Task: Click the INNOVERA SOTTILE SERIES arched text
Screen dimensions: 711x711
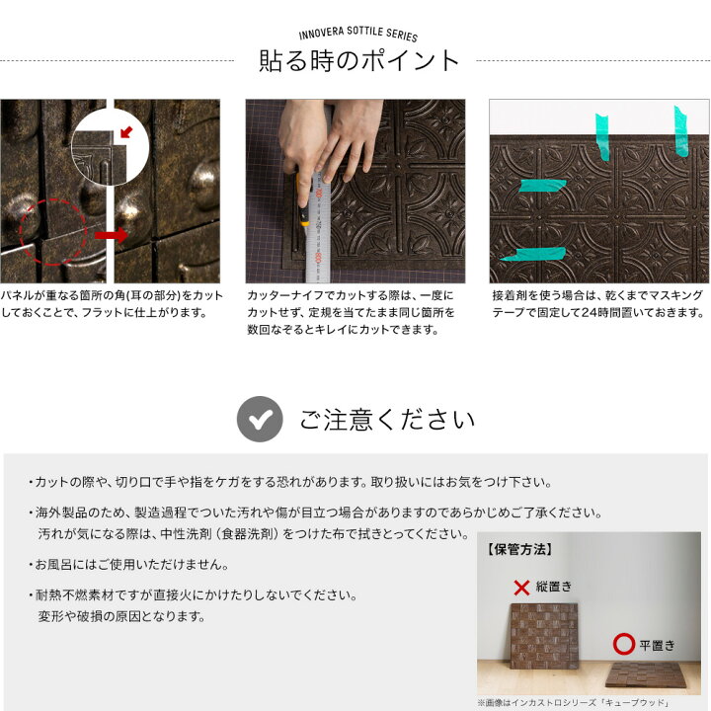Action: click(x=358, y=35)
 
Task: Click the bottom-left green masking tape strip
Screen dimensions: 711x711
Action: click(x=532, y=255)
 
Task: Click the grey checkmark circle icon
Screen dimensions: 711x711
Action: click(x=260, y=420)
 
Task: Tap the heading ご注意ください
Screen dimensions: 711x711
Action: click(x=386, y=420)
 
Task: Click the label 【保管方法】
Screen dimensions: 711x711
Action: click(x=518, y=549)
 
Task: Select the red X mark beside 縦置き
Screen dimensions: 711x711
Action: click(x=521, y=588)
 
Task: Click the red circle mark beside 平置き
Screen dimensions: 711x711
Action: click(x=623, y=645)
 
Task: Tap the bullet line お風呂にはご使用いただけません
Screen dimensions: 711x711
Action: click(x=131, y=566)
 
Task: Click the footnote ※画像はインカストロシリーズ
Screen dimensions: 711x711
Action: click(x=574, y=702)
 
